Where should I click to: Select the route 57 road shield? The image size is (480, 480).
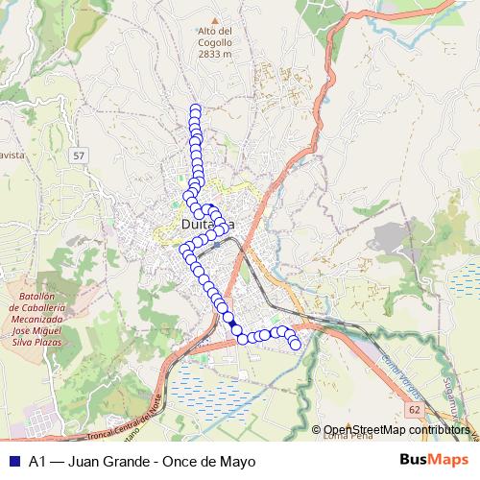pos(79,155)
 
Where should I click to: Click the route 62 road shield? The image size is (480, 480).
pos(414,408)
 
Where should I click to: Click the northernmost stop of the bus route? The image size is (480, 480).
pos(196,109)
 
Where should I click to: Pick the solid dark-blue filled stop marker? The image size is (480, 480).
pos(236,330)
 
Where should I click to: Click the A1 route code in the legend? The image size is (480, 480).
pos(37,462)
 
